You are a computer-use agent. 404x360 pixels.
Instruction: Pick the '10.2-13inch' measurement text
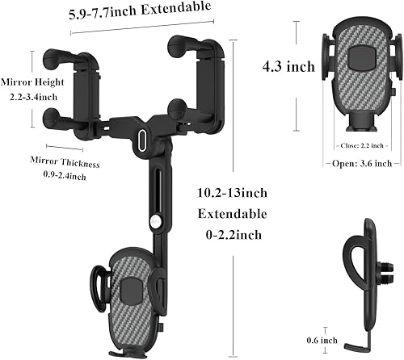point(234,193)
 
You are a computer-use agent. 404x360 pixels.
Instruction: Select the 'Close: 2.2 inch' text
point(355,146)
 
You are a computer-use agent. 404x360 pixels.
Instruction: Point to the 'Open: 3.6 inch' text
point(355,162)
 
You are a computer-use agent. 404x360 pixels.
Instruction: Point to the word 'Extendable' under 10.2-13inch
point(234,214)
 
